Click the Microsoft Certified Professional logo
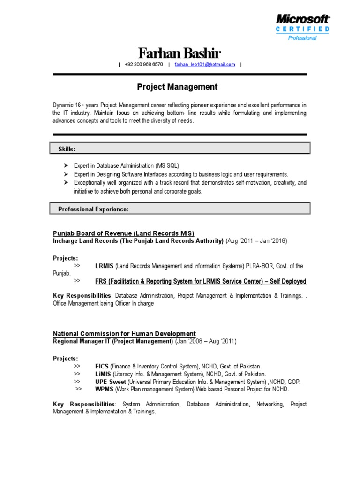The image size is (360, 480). pyautogui.click(x=302, y=27)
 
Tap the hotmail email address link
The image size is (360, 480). pyautogui.click(x=205, y=65)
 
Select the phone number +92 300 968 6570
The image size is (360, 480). pyautogui.click(x=144, y=65)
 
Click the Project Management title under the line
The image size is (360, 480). pyautogui.click(x=177, y=87)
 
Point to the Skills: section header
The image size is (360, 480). pyautogui.click(x=67, y=149)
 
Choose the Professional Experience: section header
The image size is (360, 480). pyautogui.click(x=93, y=209)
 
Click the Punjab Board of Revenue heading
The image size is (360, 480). pyautogui.click(x=123, y=233)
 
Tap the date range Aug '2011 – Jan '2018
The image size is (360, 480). pyautogui.click(x=256, y=241)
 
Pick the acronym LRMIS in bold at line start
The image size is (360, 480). pyautogui.click(x=105, y=266)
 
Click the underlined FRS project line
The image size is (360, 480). pyautogui.click(x=201, y=281)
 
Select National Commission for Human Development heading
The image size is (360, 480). pyautogui.click(x=124, y=334)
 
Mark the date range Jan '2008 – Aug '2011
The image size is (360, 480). pyautogui.click(x=206, y=341)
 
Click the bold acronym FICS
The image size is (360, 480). pyautogui.click(x=102, y=366)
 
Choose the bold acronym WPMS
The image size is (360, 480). pyautogui.click(x=104, y=389)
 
